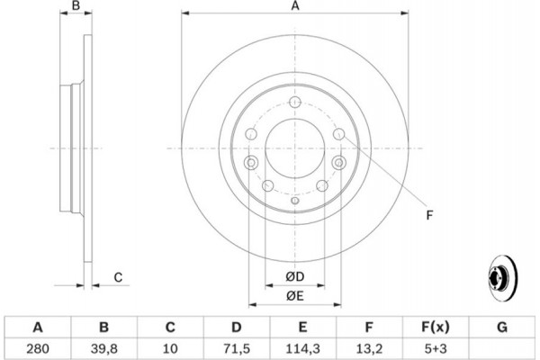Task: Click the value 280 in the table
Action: tap(38, 346)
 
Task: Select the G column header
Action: tap(502, 326)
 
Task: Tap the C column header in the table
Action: tap(169, 326)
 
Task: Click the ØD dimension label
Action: tap(294, 275)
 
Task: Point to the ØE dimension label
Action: tap(294, 295)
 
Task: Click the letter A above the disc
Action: tap(294, 6)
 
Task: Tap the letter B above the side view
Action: tap(77, 6)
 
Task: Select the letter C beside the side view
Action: tap(118, 277)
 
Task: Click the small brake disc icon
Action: tap(500, 276)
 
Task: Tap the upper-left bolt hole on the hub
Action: tap(251, 135)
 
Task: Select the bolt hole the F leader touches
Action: tap(338, 135)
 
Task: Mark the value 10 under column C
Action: tap(169, 346)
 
